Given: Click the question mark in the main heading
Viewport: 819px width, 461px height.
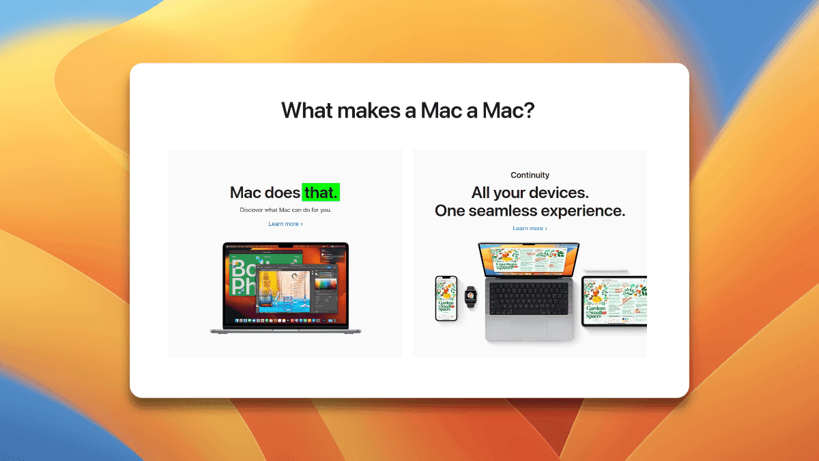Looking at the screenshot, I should coord(528,110).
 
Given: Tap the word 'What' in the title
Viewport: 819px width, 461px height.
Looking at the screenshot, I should coord(306,110).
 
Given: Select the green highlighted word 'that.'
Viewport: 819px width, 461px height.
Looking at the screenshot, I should coord(321,193).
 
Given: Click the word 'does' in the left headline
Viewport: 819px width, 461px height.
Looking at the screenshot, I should coord(283,193).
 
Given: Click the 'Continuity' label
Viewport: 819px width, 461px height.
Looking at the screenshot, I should coord(530,175).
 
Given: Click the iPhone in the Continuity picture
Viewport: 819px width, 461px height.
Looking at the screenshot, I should coord(446,298).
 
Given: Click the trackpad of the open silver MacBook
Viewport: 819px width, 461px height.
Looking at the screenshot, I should coord(530,328).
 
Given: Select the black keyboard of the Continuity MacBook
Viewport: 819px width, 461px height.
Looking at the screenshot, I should coord(530,298).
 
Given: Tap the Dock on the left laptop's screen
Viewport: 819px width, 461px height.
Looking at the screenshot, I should coord(285,320).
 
